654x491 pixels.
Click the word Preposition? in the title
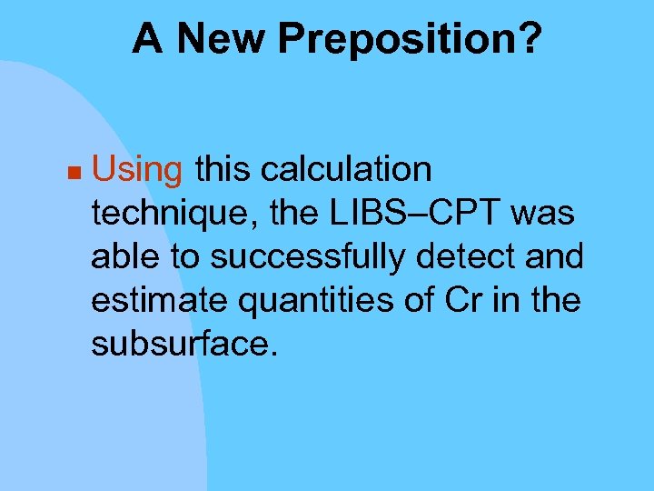410,40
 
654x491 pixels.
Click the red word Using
137,170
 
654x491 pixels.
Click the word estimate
150,299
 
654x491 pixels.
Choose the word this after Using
223,169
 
